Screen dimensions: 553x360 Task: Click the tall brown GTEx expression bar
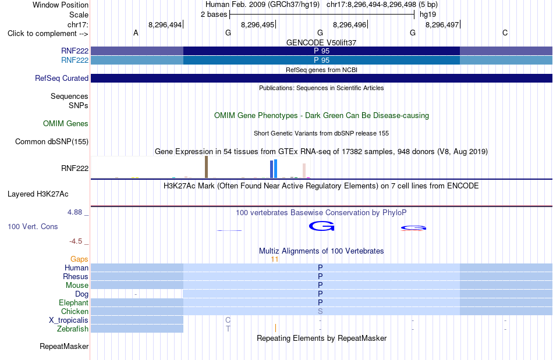click(206, 167)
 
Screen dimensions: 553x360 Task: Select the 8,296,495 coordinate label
click(257, 24)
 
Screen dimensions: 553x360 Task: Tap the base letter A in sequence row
click(136, 33)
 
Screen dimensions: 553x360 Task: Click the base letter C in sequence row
click(505, 33)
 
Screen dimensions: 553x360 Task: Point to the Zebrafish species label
click(73, 329)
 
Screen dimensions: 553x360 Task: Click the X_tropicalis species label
click(69, 320)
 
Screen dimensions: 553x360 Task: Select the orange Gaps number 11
click(274, 259)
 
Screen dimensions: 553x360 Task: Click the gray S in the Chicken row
click(320, 311)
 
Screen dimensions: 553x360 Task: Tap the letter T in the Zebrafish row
click(228, 329)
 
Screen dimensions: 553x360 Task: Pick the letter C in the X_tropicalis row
click(228, 320)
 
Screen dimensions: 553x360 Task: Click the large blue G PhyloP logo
click(321, 226)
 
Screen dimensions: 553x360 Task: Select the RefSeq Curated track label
click(62, 78)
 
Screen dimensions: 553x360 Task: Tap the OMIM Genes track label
click(66, 124)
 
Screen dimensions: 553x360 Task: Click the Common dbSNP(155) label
click(52, 141)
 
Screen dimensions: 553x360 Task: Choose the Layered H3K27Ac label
click(38, 194)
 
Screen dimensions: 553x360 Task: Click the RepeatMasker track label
click(64, 347)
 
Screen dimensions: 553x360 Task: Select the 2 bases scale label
click(214, 15)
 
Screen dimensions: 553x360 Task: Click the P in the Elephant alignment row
click(320, 302)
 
